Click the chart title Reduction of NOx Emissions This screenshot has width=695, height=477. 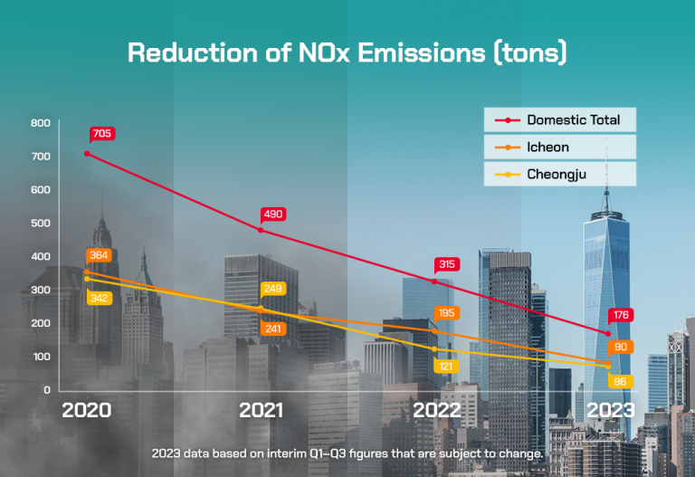pyautogui.click(x=347, y=52)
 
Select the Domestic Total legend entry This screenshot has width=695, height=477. pyautogui.click(x=559, y=119)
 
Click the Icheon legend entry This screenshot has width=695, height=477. pyautogui.click(x=559, y=147)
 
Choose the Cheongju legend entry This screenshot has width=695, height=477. pyautogui.click(x=559, y=174)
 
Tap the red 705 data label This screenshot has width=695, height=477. pyautogui.click(x=102, y=134)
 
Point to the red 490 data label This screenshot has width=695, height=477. pyautogui.click(x=273, y=215)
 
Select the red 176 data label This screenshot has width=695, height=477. pyautogui.click(x=620, y=315)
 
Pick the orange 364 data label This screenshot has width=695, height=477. pyautogui.click(x=99, y=255)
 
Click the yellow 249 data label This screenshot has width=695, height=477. pyautogui.click(x=273, y=289)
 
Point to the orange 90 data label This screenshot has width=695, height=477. pyautogui.click(x=620, y=348)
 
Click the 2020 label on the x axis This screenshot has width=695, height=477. pyautogui.click(x=87, y=410)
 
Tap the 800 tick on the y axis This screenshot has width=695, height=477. pyautogui.click(x=40, y=123)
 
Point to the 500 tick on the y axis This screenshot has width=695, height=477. pyautogui.click(x=40, y=223)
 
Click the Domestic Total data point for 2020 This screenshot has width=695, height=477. pyautogui.click(x=88, y=154)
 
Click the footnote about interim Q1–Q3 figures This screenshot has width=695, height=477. pyautogui.click(x=347, y=452)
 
